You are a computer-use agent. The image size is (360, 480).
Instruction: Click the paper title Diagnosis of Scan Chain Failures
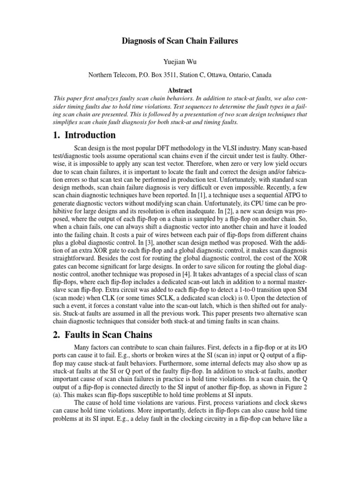tap(180, 41)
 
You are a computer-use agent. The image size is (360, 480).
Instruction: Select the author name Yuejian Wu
tap(180, 60)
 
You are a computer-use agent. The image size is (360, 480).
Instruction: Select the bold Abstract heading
tap(180, 90)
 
